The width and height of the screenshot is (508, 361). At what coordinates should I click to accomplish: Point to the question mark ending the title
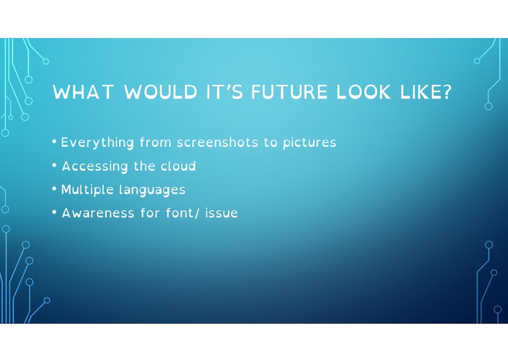pyautogui.click(x=446, y=93)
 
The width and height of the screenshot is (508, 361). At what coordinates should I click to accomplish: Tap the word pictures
pyautogui.click(x=309, y=143)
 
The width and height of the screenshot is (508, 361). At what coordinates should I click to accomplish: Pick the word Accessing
pyautogui.click(x=94, y=167)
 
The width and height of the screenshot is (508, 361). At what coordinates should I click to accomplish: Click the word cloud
pyautogui.click(x=178, y=167)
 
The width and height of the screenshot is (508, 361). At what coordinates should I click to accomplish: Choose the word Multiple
pyautogui.click(x=85, y=190)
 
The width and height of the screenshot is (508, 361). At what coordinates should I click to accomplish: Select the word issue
pyautogui.click(x=219, y=213)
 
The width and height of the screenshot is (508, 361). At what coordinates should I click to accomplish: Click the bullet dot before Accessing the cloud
pyautogui.click(x=55, y=166)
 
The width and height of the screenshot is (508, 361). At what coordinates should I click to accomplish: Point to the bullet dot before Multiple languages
pyautogui.click(x=55, y=189)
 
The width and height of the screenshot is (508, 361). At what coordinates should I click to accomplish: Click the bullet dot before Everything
pyautogui.click(x=55, y=142)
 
